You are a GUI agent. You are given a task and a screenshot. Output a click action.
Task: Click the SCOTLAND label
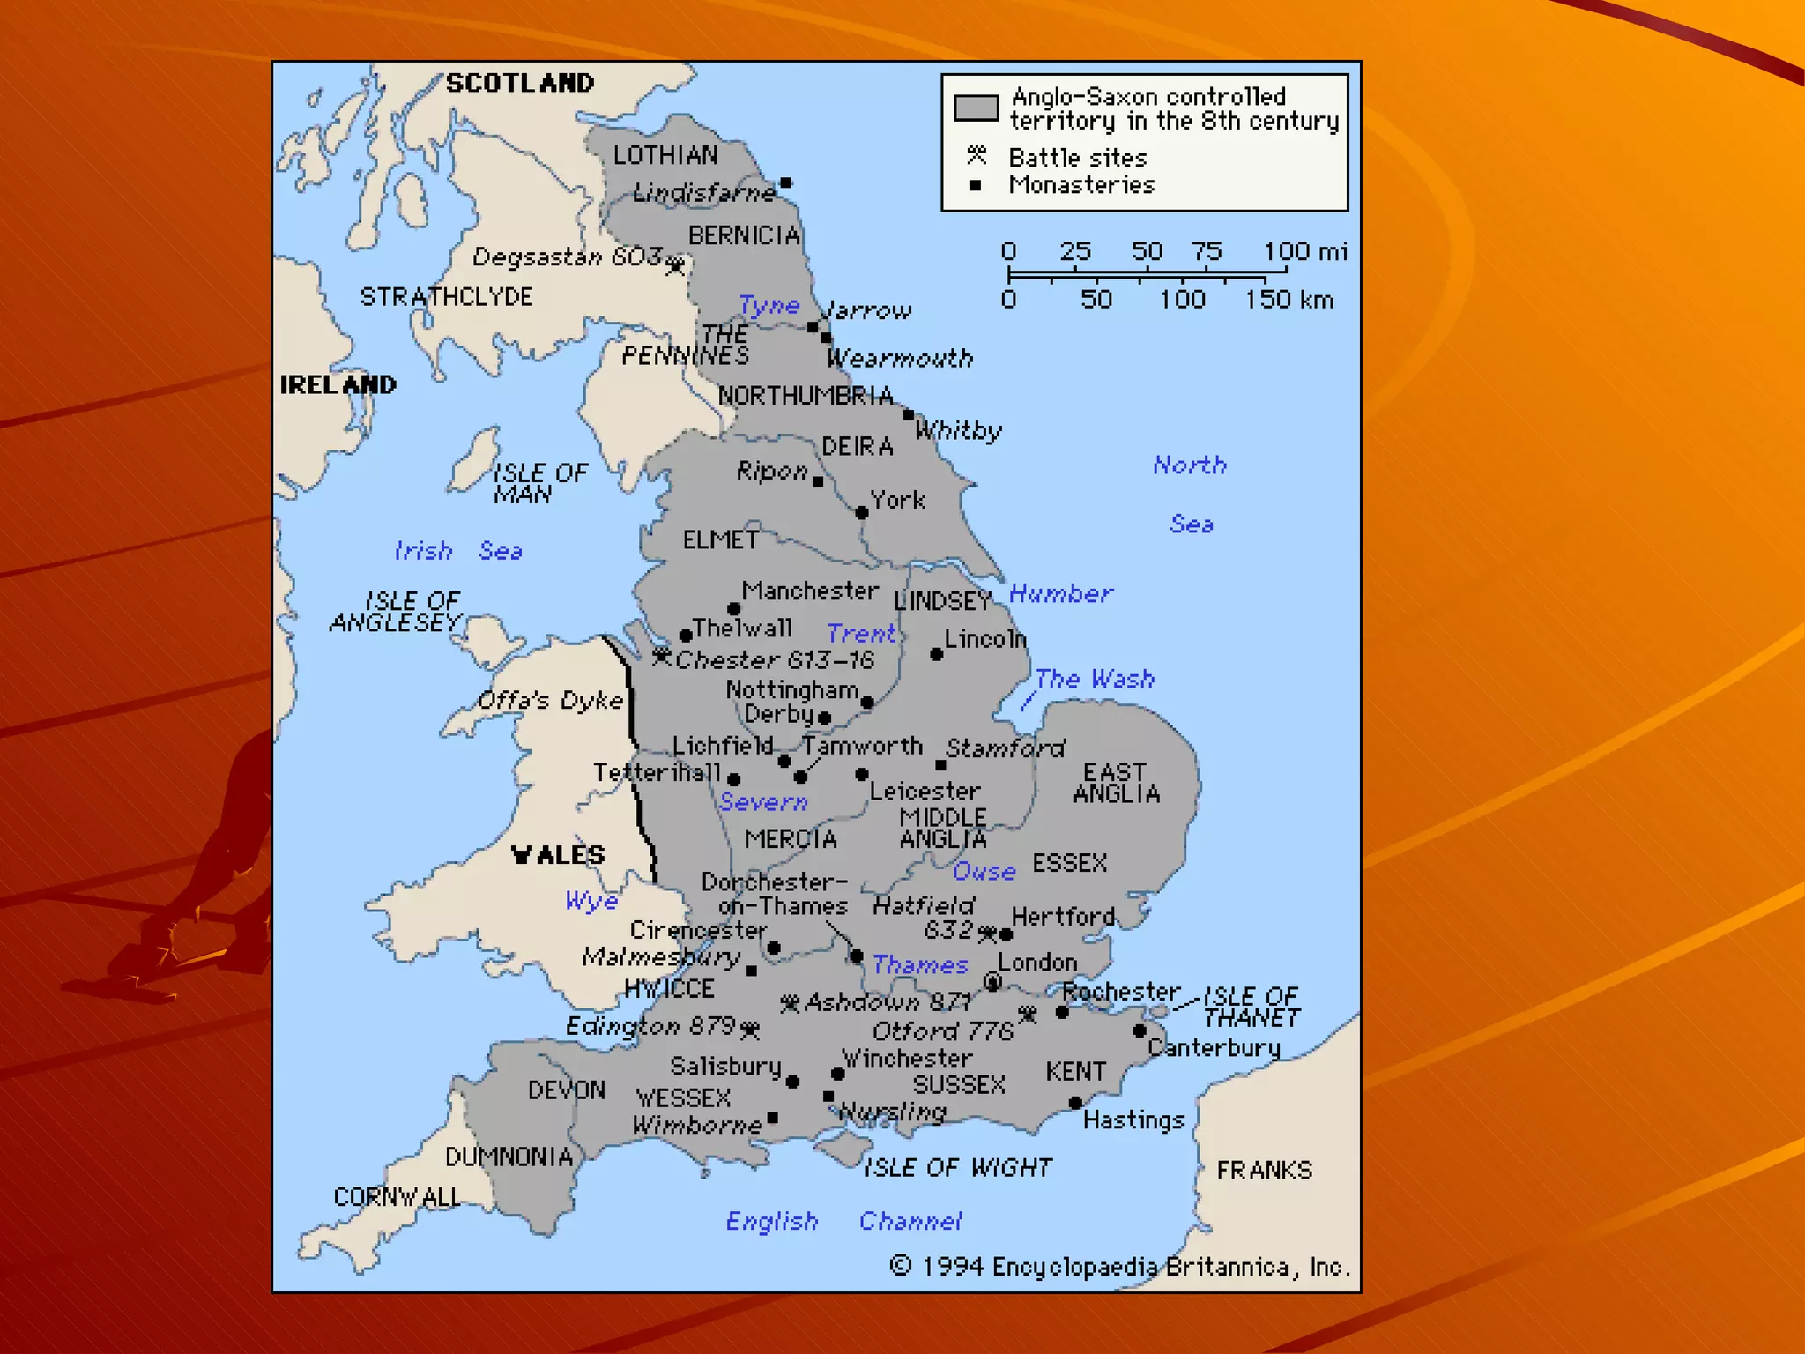520,83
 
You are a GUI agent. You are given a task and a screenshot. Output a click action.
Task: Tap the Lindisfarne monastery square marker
785,183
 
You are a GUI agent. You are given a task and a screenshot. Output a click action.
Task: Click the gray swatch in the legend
976,108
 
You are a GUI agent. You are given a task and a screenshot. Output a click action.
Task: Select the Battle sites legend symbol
976,156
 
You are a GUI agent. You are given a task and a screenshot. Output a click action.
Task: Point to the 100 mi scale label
1305,251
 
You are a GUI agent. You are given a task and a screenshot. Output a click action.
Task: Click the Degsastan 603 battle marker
675,264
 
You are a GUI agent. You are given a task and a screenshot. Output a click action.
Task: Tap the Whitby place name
958,430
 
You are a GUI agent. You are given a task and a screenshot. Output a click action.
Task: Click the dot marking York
862,512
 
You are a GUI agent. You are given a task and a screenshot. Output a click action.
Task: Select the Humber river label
1060,593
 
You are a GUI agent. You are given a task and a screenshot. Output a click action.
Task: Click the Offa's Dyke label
550,701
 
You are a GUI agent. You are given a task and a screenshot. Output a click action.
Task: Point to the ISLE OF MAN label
539,483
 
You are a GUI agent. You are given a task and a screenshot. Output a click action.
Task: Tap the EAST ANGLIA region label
1116,783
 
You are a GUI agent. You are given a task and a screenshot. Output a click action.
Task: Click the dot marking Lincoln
937,654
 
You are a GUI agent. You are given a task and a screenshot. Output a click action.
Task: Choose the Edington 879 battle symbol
750,1029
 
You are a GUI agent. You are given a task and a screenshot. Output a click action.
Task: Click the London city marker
992,981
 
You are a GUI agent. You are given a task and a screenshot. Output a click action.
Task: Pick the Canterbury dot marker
1140,1030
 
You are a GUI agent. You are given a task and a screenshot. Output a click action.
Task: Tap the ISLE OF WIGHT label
957,1168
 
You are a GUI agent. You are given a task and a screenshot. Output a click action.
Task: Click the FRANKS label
1264,1171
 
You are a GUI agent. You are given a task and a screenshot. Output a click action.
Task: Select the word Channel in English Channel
910,1221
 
